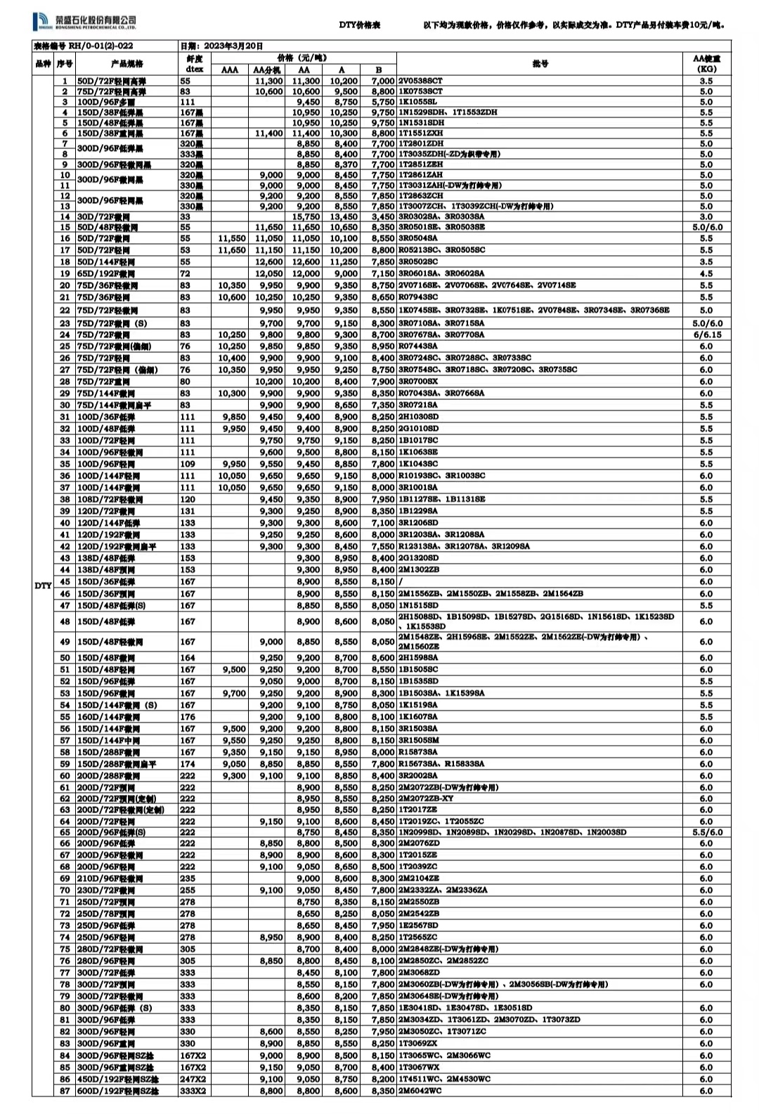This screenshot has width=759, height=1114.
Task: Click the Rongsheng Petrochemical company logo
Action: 84,23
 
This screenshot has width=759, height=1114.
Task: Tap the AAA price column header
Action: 230,70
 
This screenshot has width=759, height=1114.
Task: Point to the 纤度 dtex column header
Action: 194,64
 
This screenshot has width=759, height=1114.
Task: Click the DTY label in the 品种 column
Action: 43,585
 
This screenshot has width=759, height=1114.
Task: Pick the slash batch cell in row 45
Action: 401,582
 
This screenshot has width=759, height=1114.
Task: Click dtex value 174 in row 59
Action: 187,764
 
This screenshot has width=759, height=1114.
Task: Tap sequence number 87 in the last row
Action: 65,1091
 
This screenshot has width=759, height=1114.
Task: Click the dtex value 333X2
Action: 193,1091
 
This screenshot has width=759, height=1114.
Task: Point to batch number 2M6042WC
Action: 420,1091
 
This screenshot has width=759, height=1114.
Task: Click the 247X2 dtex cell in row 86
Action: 193,1079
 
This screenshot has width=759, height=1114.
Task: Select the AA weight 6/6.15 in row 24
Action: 706,335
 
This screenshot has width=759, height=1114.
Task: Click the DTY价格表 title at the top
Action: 359,25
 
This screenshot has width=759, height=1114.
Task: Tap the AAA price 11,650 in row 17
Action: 233,250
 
